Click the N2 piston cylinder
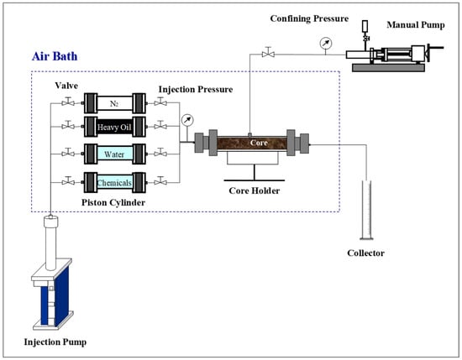pos(115,103)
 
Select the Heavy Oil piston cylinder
pos(115,127)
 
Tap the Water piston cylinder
pos(115,154)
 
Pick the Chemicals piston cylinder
pos(115,182)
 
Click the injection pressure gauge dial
pos(187,120)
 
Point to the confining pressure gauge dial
pos(326,43)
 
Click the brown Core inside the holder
pos(252,143)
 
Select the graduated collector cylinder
pos(366,210)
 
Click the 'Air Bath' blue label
pos(55,56)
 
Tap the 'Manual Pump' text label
pos(416,24)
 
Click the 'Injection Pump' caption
pos(55,342)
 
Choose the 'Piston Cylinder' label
pos(113,202)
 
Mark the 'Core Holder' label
pos(255,190)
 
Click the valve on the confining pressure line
pos(268,52)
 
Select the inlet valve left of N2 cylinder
pos(68,102)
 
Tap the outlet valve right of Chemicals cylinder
pos(160,181)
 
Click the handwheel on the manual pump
pos(428,53)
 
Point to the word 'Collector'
pos(365,253)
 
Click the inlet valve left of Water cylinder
pos(68,153)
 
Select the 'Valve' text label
pos(66,86)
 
